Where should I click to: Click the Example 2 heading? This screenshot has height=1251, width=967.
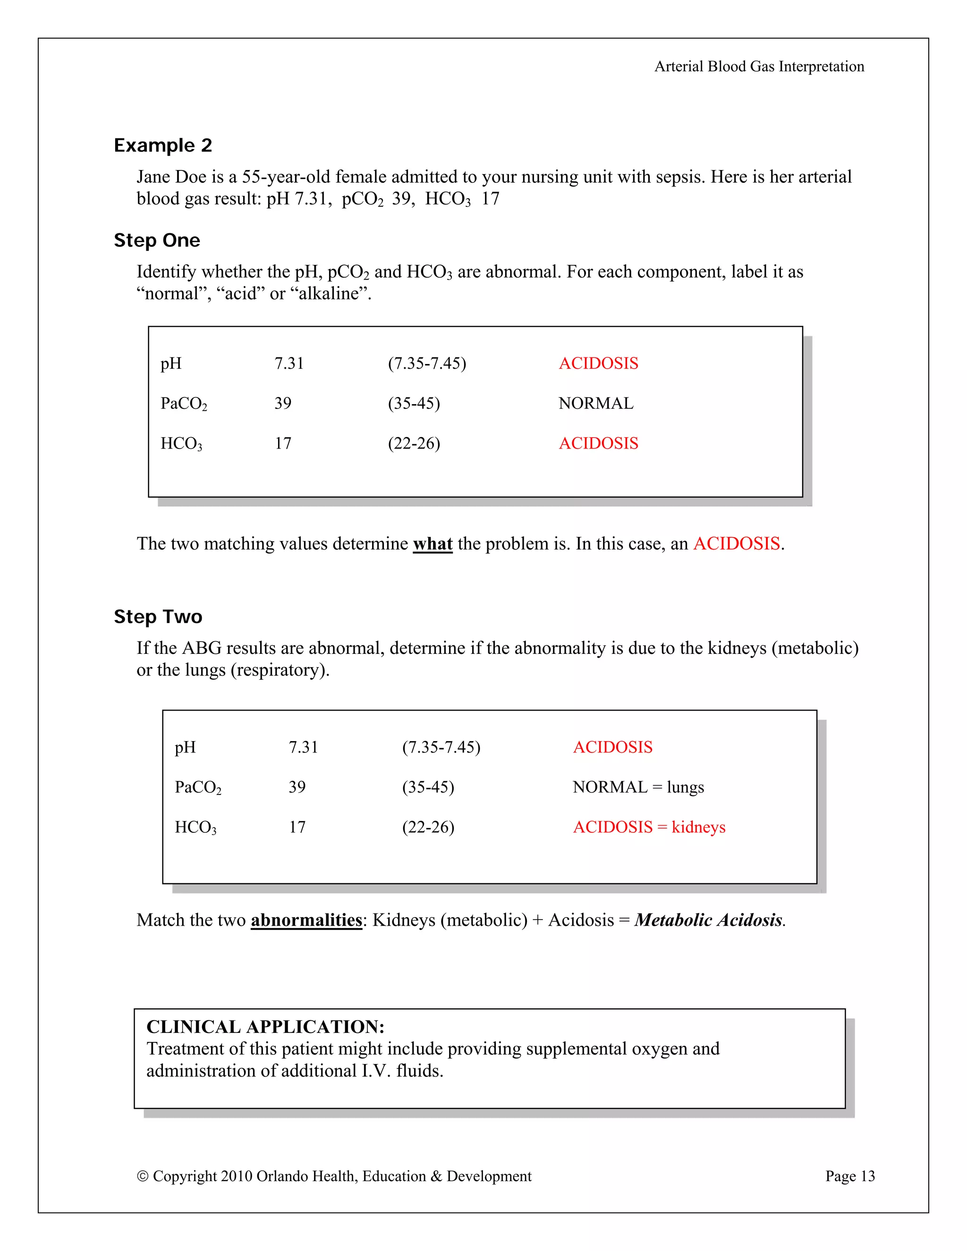coord(163,145)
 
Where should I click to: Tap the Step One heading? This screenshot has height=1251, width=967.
coord(157,241)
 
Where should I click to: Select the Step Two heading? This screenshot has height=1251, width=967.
coord(158,617)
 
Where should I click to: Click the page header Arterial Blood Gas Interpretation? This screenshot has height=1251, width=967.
coord(759,67)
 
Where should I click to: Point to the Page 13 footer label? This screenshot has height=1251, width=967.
coord(849,1176)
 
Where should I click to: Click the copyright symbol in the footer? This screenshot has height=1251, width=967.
coord(143,1176)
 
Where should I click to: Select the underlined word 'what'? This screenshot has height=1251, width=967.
coord(433,543)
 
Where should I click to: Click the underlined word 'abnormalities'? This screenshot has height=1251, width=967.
coord(306,920)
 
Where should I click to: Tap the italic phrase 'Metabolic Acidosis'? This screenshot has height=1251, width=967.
coord(709,920)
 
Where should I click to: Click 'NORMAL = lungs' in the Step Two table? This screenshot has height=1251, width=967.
coord(638,787)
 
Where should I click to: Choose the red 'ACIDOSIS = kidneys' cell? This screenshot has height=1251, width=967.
coord(649,827)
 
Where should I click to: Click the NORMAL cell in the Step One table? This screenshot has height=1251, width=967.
coord(596,403)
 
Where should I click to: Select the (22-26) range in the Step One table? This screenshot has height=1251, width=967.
coord(414,443)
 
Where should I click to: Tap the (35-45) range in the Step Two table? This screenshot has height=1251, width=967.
coord(428,787)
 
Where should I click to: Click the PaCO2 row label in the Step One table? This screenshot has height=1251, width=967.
coord(183,404)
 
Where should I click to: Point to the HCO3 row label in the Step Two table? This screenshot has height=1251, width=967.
coord(195,828)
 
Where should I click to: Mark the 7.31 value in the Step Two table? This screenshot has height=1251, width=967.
coord(303,747)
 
